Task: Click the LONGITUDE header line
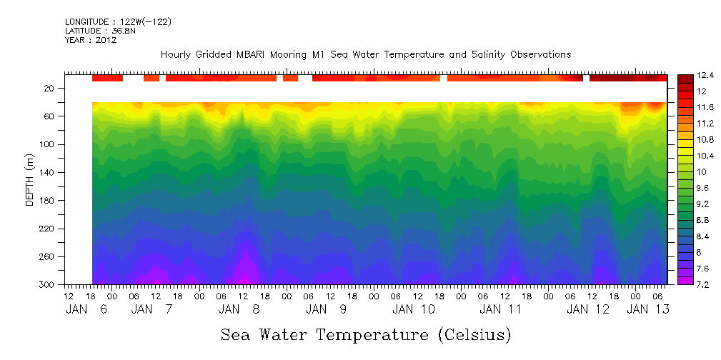118,22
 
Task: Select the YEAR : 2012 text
90,40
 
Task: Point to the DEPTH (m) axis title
30,186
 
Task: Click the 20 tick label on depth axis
50,89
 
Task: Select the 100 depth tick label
48,144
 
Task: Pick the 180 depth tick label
48,201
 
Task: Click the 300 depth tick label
48,285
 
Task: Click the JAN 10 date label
413,309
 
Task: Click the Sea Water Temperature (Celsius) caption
366,334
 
